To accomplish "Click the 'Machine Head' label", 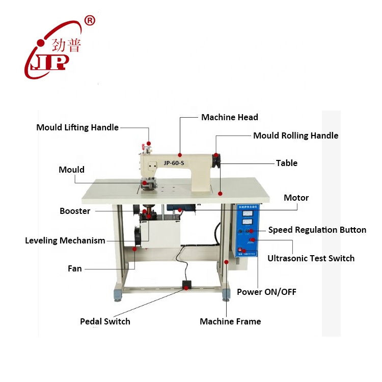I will click(229, 117).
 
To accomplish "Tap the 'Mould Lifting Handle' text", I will click(77, 127).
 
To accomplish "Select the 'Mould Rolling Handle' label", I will click(295, 135).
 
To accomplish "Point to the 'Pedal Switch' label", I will click(105, 321).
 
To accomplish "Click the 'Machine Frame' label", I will click(230, 321).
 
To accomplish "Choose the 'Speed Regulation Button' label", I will click(317, 230).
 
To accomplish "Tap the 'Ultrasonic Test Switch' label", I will click(311, 258).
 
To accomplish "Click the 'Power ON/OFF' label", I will click(266, 292).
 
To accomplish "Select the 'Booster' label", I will click(75, 211).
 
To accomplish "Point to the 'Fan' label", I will click(75, 268).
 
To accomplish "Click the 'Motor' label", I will click(296, 198).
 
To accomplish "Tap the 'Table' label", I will click(287, 163).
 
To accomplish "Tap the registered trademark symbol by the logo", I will click(90, 21).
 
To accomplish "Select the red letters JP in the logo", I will click(50, 62).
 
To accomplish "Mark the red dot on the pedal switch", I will click(187, 288).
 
